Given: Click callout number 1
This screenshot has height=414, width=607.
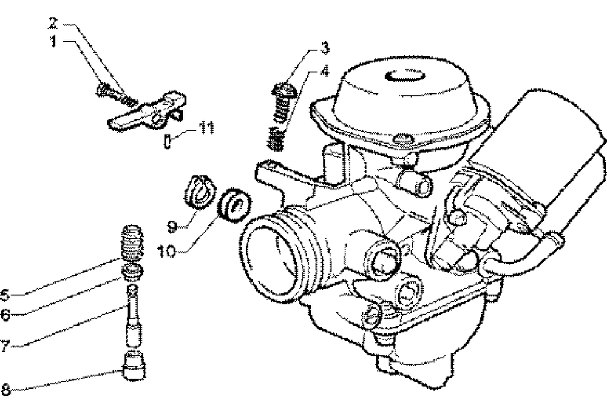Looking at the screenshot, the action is pos(53,41).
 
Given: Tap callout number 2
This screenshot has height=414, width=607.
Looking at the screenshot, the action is pos(53,23).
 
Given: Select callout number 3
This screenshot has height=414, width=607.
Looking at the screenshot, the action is pos(324,48).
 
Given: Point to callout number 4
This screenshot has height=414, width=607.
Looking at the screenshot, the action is pos(325,72).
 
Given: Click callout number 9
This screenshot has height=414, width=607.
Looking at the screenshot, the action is pos(172,227).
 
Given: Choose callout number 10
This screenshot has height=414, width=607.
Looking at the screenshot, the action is pos(167,252).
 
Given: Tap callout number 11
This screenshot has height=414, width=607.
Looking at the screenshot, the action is pos(206,127).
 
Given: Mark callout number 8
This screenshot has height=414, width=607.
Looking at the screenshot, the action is pos(5,390).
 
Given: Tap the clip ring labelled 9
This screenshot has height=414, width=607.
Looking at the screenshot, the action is pos(198,192).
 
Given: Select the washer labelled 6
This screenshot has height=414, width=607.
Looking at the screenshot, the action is pos(133,272).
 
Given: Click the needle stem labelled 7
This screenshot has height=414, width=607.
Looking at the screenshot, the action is pos(132,315).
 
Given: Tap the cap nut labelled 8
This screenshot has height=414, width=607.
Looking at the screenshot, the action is pos(134,365).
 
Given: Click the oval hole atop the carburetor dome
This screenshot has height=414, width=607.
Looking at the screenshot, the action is pos(405,76).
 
